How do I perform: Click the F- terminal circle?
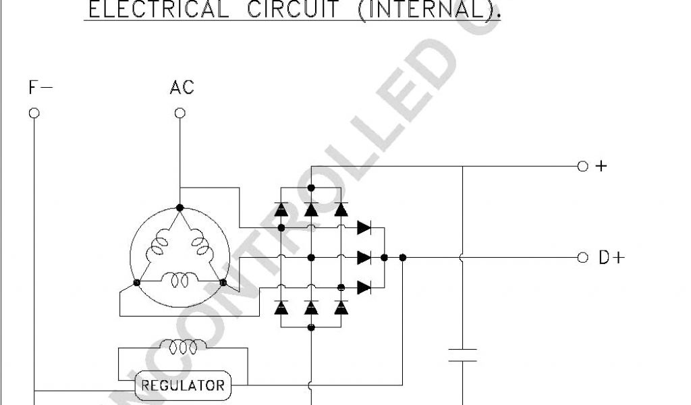(x=34, y=113)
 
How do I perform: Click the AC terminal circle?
(x=179, y=113)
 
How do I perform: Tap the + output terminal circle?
(x=583, y=166)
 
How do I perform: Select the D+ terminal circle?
(x=583, y=257)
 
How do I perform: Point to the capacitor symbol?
(x=463, y=355)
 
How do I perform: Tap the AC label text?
(x=182, y=87)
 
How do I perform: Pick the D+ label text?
(x=611, y=257)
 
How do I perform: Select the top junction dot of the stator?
(x=179, y=207)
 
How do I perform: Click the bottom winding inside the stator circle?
(x=179, y=278)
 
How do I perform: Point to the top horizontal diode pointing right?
(x=364, y=227)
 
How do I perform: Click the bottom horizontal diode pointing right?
(x=364, y=288)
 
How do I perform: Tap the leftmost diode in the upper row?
(x=281, y=209)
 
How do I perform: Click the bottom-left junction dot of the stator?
(x=137, y=282)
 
